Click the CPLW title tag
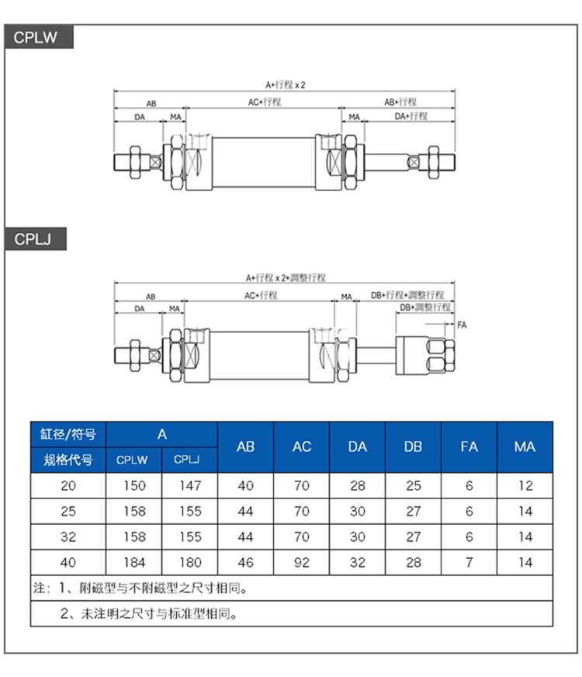[36, 36]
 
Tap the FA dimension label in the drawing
[462, 324]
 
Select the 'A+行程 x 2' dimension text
[286, 85]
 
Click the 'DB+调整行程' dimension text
[425, 307]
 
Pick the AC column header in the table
[302, 446]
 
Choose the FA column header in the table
[469, 446]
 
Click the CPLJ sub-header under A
[189, 460]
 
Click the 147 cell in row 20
[189, 486]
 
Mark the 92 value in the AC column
[302, 562]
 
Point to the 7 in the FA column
[469, 562]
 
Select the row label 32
[68, 536]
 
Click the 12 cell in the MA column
[525, 486]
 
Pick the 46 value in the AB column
[245, 562]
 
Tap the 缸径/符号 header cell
[68, 434]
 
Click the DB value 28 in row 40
[414, 562]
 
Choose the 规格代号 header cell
[68, 460]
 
